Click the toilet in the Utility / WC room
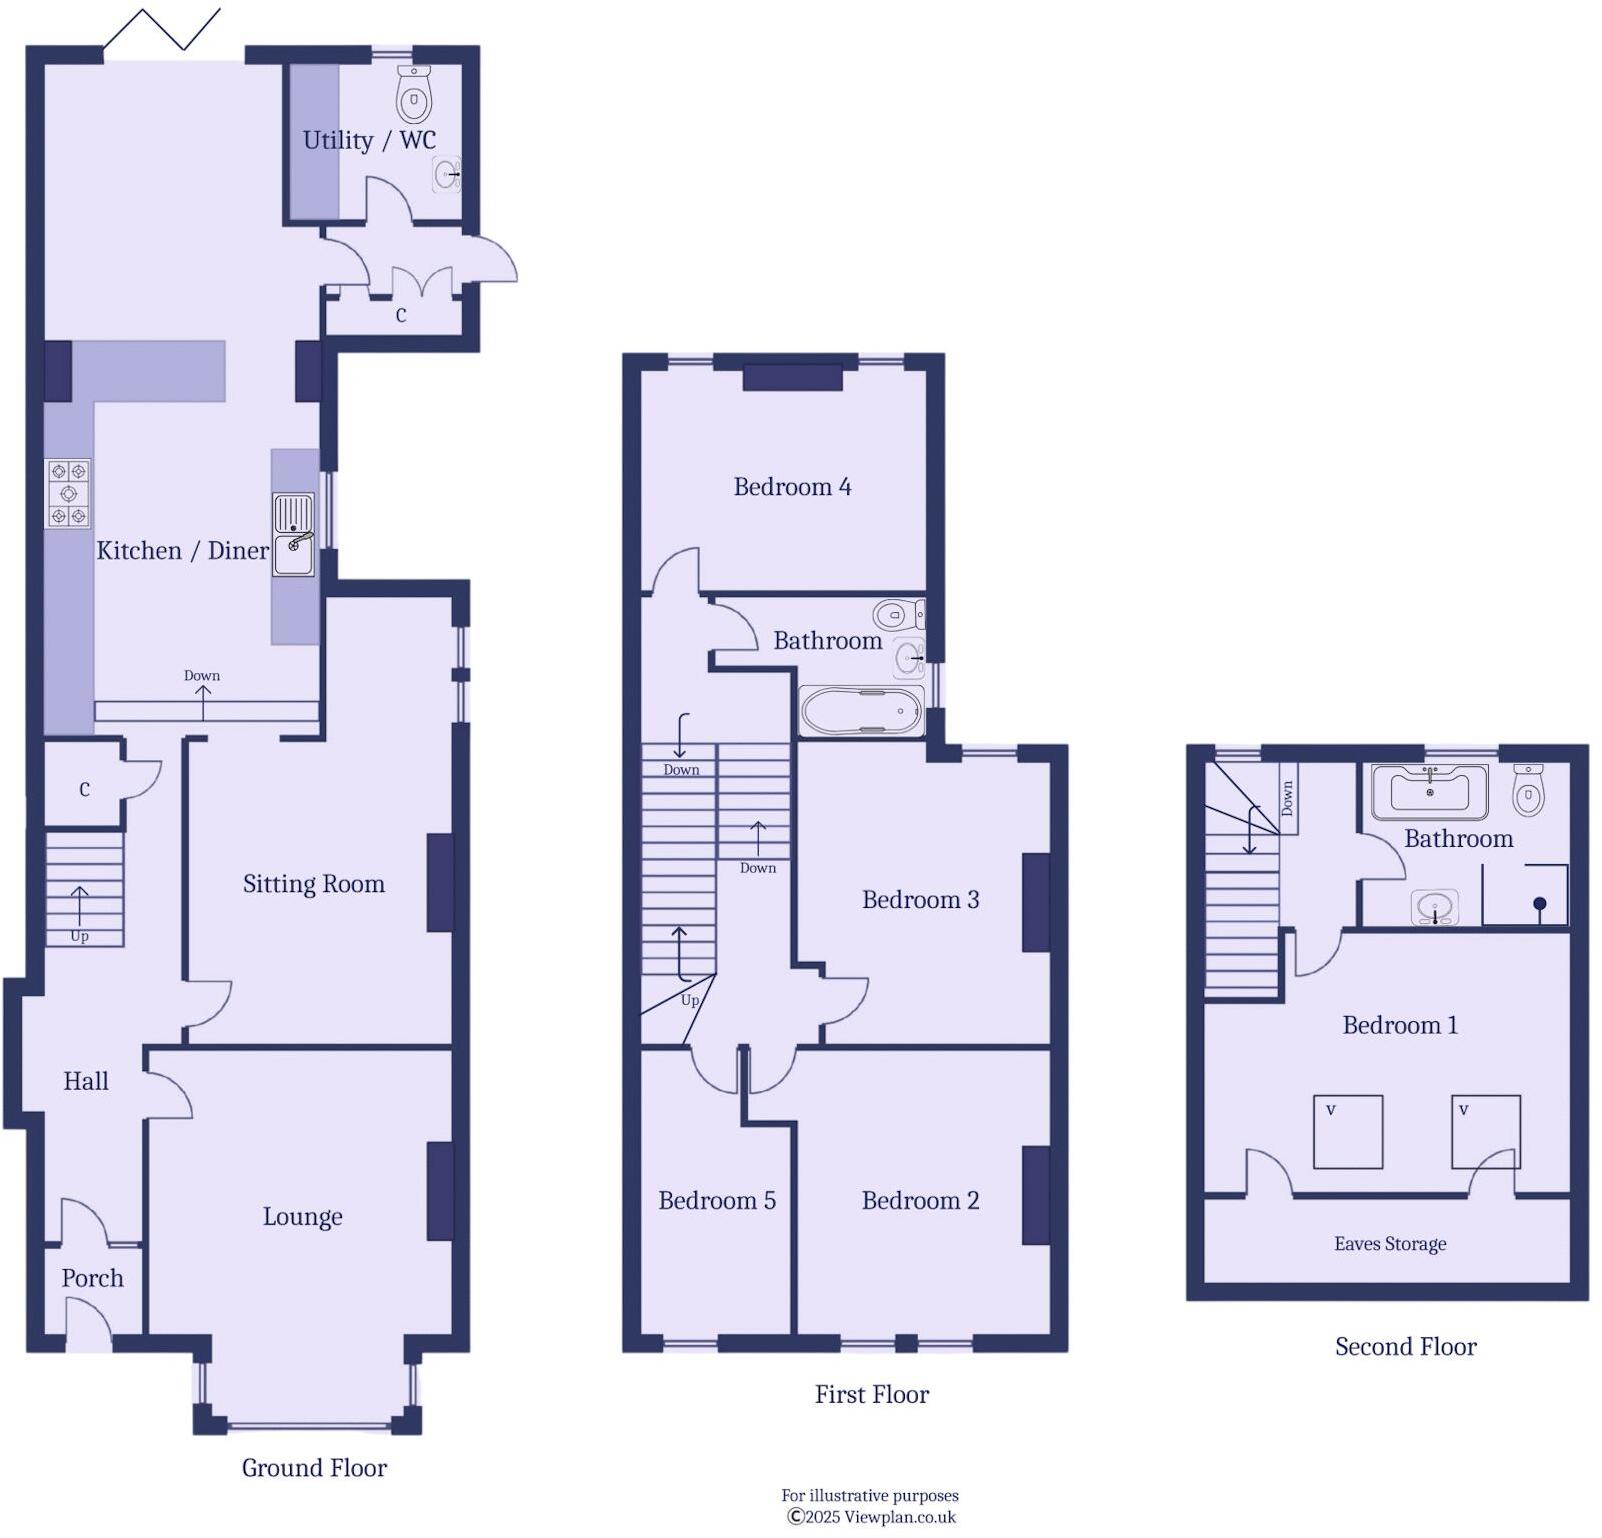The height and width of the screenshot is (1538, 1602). click(413, 94)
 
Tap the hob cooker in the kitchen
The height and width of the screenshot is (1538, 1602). click(68, 493)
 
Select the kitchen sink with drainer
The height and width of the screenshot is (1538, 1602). click(294, 537)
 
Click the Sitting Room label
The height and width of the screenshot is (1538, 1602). click(313, 884)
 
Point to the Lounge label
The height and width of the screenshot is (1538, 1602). click(302, 1217)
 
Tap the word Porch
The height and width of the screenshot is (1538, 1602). click(92, 1278)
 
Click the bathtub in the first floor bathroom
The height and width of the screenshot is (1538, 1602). click(861, 711)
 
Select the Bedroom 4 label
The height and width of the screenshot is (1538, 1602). click(792, 487)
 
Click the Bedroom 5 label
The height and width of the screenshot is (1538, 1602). click(716, 1200)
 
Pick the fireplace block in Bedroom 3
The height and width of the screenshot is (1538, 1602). click(1036, 901)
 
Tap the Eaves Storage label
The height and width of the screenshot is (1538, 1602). click(1390, 1244)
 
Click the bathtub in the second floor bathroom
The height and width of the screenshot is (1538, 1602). click(1429, 791)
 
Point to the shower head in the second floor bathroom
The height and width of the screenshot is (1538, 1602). click(1539, 904)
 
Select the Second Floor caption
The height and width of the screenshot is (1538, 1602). click(1405, 1347)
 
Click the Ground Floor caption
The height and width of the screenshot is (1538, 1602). click(314, 1468)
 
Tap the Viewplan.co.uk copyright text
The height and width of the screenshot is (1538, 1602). click(871, 1517)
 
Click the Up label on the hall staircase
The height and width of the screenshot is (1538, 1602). click(79, 936)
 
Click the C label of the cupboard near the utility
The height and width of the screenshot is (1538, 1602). click(401, 315)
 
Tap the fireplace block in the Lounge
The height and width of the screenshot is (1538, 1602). click(440, 1191)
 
